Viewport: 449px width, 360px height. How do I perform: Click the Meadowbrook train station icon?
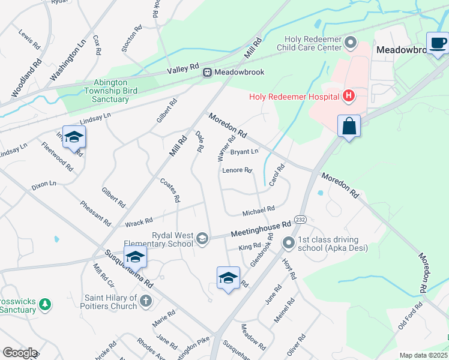click(x=207, y=72)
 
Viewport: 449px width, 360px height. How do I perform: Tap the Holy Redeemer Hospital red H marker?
click(x=348, y=96)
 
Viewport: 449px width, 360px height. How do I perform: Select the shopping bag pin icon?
click(x=349, y=127)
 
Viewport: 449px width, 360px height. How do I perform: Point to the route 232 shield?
click(x=301, y=220)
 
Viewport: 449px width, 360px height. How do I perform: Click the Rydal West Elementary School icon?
click(x=202, y=239)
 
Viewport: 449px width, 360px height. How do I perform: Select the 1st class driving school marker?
click(x=289, y=242)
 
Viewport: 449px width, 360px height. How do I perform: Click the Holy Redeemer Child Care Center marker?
click(x=351, y=43)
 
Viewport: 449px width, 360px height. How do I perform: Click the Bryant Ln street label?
click(x=244, y=152)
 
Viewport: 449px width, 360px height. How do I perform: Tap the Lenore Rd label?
click(x=237, y=170)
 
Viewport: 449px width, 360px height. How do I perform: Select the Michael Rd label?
click(x=258, y=212)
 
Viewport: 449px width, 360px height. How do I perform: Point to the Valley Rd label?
click(x=182, y=70)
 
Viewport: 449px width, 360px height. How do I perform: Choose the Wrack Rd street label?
click(x=139, y=223)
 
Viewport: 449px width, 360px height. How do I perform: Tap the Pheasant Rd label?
click(x=95, y=213)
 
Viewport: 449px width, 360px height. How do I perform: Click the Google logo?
click(x=20, y=353)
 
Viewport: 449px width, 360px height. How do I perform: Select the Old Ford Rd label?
click(x=411, y=317)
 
